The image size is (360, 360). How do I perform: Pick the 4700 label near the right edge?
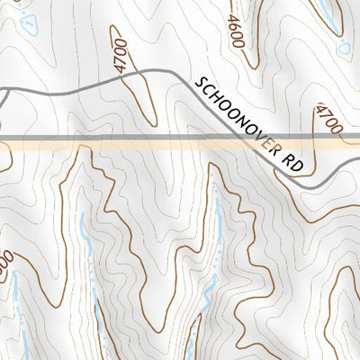pos(330,119)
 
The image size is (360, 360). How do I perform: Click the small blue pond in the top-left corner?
pos(29,22)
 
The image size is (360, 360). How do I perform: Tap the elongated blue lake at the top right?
pos(331,13)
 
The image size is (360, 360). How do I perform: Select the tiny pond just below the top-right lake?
pos(343,48)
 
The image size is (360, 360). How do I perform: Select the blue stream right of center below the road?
pos(217,234)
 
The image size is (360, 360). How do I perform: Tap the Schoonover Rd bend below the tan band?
pos(306,184)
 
